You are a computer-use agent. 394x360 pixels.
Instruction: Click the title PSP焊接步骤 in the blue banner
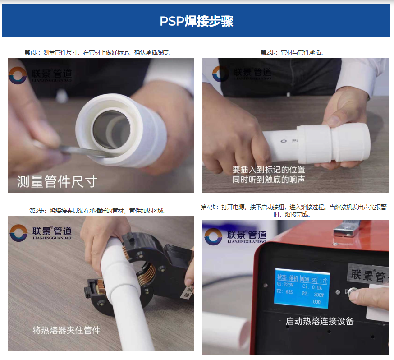(197, 21)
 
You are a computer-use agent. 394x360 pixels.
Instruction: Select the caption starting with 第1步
(98, 53)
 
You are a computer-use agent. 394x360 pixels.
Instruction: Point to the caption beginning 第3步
(98, 211)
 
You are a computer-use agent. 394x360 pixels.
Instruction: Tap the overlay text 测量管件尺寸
(57, 182)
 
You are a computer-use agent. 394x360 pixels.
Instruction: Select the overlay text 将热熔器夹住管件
(67, 330)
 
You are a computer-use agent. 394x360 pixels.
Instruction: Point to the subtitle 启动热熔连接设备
(320, 322)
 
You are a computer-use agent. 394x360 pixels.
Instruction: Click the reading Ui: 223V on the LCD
(286, 286)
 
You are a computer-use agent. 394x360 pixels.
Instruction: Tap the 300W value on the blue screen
(317, 294)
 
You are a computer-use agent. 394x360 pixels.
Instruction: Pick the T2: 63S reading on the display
(286, 294)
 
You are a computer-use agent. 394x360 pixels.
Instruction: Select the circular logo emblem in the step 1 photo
(18, 75)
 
